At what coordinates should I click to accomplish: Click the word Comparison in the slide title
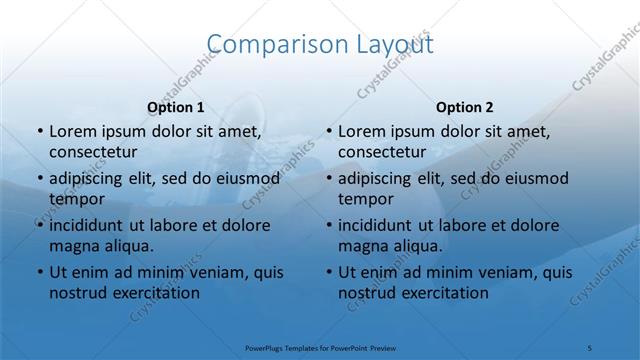tap(268, 44)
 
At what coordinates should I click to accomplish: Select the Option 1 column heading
tap(175, 106)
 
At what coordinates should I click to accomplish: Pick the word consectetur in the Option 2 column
tap(382, 152)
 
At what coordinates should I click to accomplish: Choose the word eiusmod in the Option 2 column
tap(535, 179)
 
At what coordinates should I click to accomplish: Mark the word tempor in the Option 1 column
tap(73, 199)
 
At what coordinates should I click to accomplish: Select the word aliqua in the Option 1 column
tap(126, 246)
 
